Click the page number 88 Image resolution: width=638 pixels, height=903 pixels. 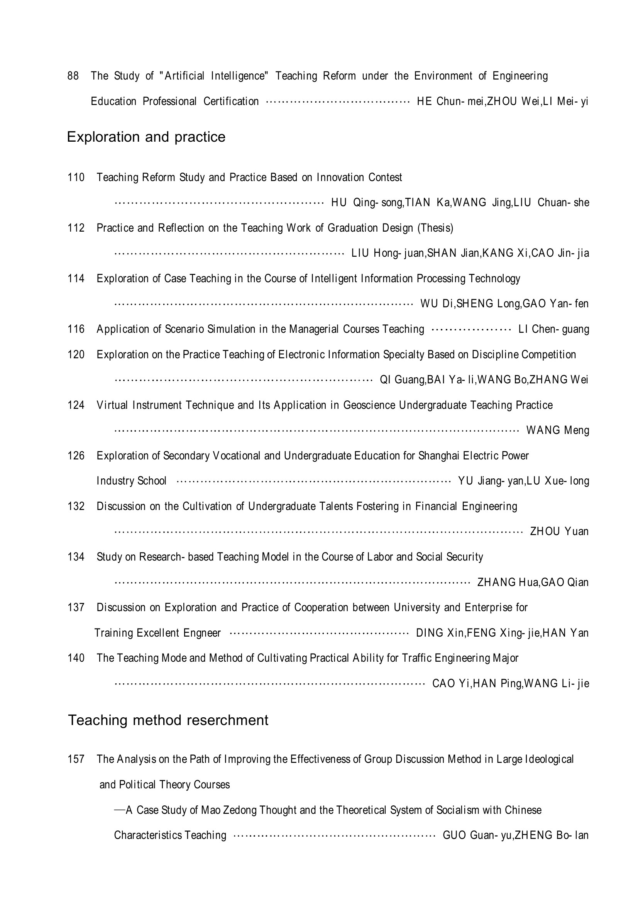click(x=73, y=76)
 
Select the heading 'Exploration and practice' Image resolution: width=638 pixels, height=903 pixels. click(x=146, y=137)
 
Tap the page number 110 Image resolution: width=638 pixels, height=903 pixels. click(x=76, y=177)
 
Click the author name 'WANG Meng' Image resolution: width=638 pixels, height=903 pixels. click(x=557, y=430)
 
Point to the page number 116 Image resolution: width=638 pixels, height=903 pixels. click(x=76, y=329)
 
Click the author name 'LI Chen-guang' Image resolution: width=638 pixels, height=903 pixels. click(x=553, y=329)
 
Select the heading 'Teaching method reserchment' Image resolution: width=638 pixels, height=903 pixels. click(x=168, y=720)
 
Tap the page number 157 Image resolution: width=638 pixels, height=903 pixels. click(x=76, y=759)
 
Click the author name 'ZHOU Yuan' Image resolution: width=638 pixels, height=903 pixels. click(x=559, y=531)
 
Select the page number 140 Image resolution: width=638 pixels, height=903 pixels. click(x=76, y=658)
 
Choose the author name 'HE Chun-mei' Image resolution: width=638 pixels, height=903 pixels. click(x=450, y=102)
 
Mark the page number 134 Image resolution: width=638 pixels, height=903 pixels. click(x=76, y=557)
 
